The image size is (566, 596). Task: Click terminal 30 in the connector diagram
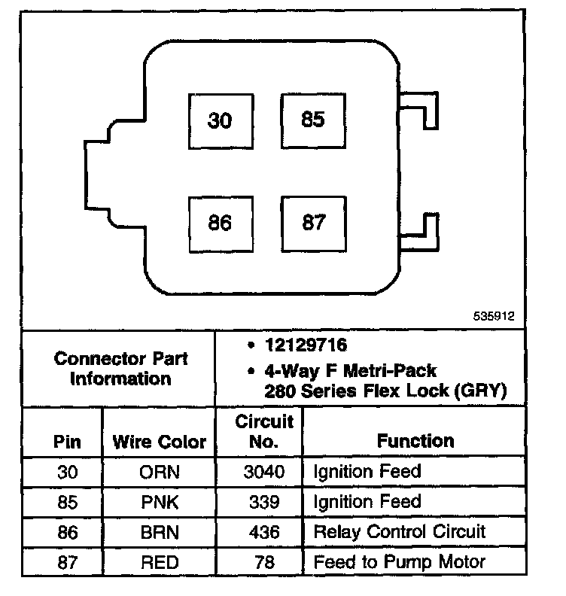point(220,120)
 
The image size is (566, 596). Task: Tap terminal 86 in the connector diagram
point(220,223)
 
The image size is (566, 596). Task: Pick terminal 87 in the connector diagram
point(313,223)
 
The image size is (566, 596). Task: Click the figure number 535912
point(494,318)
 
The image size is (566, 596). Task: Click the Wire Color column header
point(159,442)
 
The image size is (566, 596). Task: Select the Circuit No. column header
point(263,431)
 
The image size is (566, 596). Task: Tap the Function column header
point(415,441)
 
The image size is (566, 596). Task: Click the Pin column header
point(68,442)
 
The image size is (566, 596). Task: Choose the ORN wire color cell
point(159,473)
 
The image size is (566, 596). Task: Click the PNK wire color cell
point(159,502)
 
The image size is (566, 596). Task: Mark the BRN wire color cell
point(159,532)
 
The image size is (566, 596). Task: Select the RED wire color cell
point(159,561)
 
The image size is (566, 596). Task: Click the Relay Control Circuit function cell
point(400,532)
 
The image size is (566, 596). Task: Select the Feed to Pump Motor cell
point(400,561)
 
